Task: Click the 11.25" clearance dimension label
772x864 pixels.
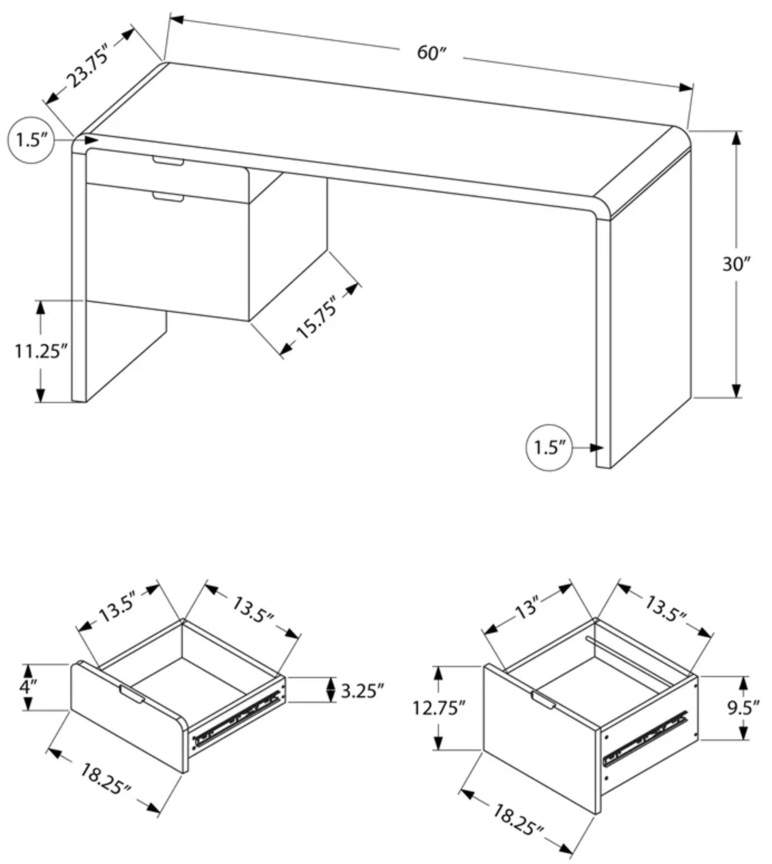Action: [x=41, y=351]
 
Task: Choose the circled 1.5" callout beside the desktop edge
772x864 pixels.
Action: [x=31, y=140]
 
